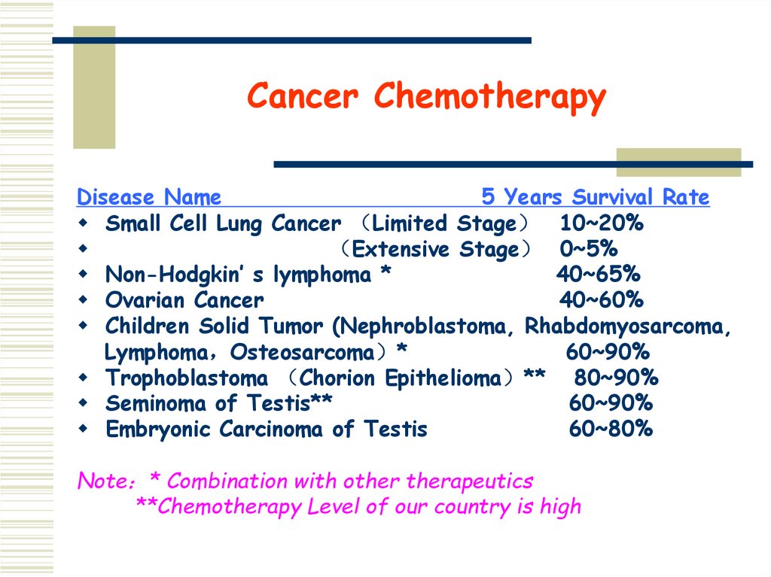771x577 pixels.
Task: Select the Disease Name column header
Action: point(149,198)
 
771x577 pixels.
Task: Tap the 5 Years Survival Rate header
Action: point(595,198)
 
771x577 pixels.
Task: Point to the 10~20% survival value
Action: point(601,223)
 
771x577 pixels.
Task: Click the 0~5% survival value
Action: point(588,249)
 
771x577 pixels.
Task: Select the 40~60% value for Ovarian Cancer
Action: point(601,300)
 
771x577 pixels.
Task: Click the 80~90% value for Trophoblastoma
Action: point(616,378)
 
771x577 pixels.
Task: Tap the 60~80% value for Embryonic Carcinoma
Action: point(611,429)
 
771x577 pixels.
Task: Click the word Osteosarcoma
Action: point(302,352)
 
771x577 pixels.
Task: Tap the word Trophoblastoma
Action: point(186,378)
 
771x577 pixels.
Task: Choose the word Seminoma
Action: point(157,403)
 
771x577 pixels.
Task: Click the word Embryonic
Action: point(159,429)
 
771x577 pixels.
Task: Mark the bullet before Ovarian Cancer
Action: point(82,300)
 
